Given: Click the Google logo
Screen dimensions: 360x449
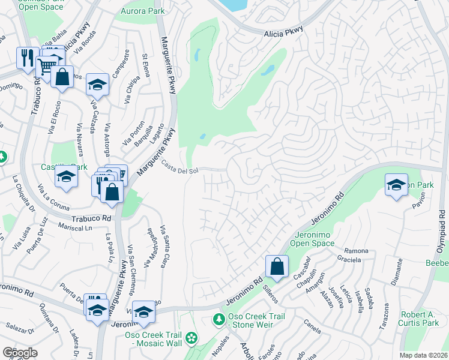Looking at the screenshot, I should point(20,352).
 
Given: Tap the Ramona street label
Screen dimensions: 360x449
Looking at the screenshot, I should point(354,250).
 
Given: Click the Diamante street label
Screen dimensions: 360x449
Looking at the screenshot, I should point(396,277).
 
